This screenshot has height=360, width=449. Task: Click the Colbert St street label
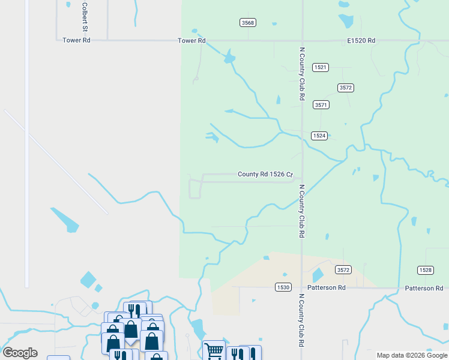tap(85, 16)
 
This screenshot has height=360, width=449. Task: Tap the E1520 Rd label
tap(361, 41)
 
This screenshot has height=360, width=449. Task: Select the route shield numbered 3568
tap(247, 23)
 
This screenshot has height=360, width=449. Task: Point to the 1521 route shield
tap(321, 68)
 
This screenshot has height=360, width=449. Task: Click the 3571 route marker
tap(321, 104)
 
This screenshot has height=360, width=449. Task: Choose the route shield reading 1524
tap(319, 136)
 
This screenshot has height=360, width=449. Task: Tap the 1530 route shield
tap(283, 287)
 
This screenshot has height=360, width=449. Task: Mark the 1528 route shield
tap(425, 271)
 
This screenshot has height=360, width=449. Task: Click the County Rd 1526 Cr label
tap(265, 175)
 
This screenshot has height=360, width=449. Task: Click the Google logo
tap(20, 353)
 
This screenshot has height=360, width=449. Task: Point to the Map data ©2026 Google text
tap(412, 355)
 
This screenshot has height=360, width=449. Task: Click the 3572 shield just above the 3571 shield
tap(345, 88)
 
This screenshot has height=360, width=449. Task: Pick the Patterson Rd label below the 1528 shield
tap(424, 288)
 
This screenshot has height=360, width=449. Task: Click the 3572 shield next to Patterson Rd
tap(343, 270)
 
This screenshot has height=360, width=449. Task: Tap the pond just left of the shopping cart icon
tap(197, 328)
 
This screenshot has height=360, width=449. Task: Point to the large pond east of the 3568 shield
tap(346, 20)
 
